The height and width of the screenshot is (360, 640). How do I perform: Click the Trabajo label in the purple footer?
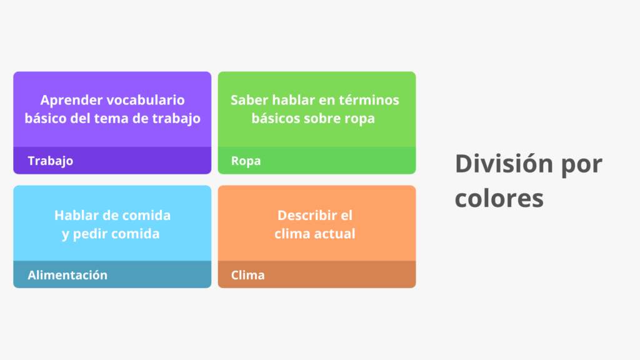(x=50, y=161)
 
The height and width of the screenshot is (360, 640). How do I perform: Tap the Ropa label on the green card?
(x=246, y=161)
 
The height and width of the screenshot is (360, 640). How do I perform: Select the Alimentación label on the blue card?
(x=67, y=275)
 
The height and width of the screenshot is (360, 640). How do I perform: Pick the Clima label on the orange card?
(x=247, y=275)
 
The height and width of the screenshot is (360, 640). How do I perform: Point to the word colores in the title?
(x=499, y=198)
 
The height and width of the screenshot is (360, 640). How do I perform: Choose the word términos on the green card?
(x=368, y=100)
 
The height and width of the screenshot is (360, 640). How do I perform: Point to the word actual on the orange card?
(x=336, y=234)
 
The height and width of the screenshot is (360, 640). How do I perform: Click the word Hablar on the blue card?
(x=76, y=216)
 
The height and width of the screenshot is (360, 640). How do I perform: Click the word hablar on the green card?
(x=292, y=100)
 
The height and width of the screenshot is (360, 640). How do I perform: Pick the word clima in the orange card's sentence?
(x=293, y=234)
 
